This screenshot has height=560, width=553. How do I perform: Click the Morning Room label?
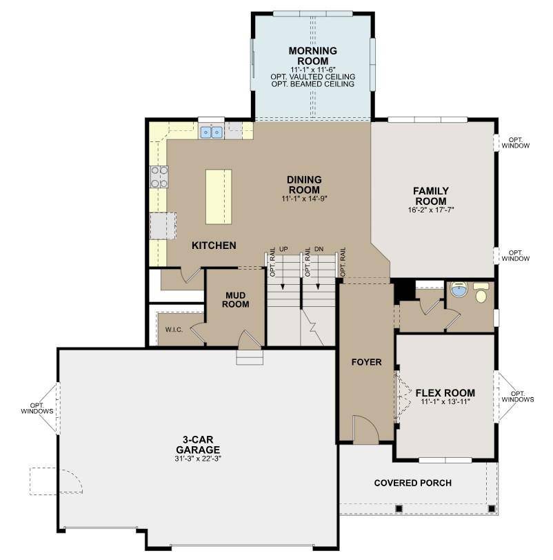tap(313, 56)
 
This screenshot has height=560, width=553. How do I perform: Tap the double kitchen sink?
tap(212, 132)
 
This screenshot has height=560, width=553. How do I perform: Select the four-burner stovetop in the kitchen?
tap(159, 177)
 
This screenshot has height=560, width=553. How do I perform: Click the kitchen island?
tap(219, 197)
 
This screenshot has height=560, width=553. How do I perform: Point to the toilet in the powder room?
tap(481, 293)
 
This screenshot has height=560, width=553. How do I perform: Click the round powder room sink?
tap(459, 289)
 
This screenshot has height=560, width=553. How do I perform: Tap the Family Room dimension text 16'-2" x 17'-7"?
tap(431, 210)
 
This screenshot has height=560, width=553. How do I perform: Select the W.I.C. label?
tap(174, 330)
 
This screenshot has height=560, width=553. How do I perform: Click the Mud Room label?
tap(236, 300)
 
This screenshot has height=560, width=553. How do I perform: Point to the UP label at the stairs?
tap(283, 249)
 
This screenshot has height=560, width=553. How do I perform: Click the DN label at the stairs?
tap(319, 249)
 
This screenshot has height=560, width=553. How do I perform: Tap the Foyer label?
tap(366, 362)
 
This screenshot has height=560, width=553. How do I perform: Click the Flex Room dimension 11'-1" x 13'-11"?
tap(445, 402)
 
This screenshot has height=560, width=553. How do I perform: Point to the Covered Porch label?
tap(413, 483)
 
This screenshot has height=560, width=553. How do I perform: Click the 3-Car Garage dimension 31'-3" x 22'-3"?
tap(198, 459)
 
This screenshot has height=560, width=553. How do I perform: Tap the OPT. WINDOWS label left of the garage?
tap(37, 408)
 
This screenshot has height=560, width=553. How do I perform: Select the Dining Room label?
tap(305, 185)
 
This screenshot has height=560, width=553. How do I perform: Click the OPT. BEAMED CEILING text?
tap(313, 84)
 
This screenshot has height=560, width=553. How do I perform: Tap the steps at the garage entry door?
tap(250, 357)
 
